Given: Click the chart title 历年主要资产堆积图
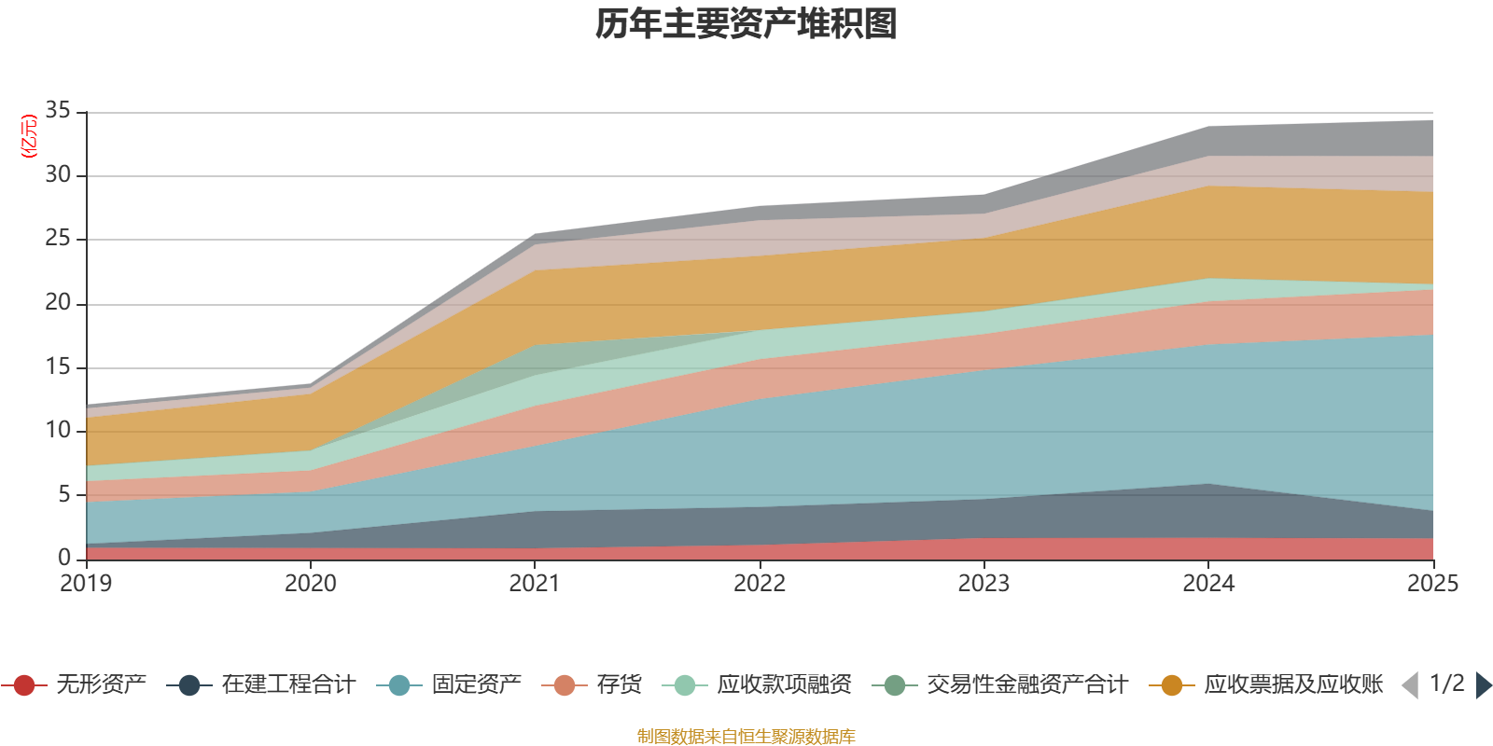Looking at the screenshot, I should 746,24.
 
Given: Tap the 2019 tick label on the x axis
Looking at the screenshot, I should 86,584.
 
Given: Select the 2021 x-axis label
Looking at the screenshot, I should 535,584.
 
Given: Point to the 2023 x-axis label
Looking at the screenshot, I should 984,584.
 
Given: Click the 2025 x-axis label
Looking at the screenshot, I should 1431,584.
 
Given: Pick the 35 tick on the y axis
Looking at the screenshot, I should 58,111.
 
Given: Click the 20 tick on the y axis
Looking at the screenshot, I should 58,303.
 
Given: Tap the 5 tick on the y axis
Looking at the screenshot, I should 63,494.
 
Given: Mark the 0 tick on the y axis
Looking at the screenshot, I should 63,558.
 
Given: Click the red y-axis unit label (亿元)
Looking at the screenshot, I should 29,136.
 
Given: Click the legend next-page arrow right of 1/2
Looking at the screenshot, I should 1484,685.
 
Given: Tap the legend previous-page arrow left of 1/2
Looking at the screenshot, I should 1410,685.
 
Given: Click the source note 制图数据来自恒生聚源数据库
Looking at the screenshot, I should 746,737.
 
